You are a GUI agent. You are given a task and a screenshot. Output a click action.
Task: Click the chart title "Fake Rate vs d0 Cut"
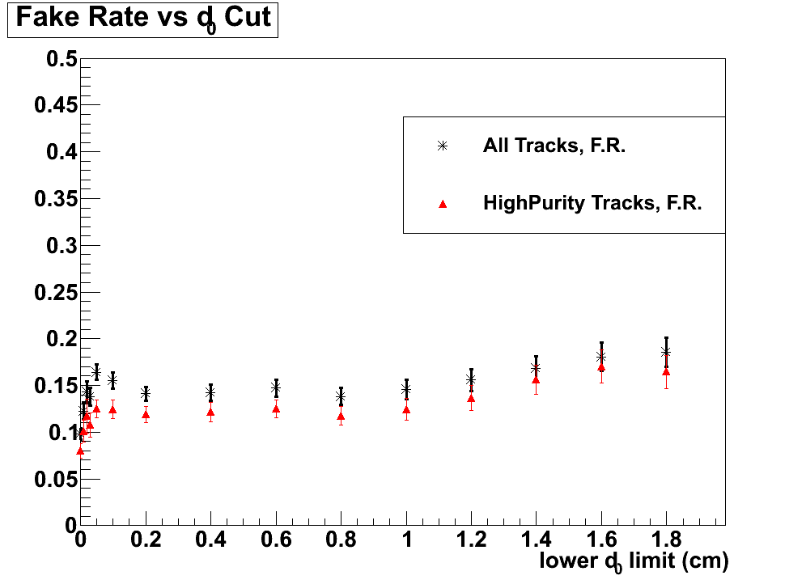142,18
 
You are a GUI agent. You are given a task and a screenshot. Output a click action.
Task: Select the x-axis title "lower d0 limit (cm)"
634,561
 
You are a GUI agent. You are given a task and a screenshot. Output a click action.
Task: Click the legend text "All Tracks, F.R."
554,146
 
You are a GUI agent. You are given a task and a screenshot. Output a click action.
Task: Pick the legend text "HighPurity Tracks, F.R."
592,204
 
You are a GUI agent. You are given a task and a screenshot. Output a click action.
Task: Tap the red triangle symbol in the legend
443,205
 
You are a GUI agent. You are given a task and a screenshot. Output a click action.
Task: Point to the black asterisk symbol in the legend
443,146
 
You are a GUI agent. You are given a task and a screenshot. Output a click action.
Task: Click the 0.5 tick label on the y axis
61,59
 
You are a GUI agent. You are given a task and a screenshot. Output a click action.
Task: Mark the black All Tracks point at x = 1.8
666,352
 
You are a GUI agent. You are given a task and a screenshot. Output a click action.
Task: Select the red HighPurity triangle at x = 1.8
666,371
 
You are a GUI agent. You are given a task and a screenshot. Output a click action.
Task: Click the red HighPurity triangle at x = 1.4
536,379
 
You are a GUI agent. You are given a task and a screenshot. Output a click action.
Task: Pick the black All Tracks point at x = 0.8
341,397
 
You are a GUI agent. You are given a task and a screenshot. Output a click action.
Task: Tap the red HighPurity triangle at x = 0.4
210,412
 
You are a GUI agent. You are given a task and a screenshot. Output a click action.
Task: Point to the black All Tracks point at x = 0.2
146,394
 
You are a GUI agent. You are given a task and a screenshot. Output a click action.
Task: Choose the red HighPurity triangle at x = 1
406,409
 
